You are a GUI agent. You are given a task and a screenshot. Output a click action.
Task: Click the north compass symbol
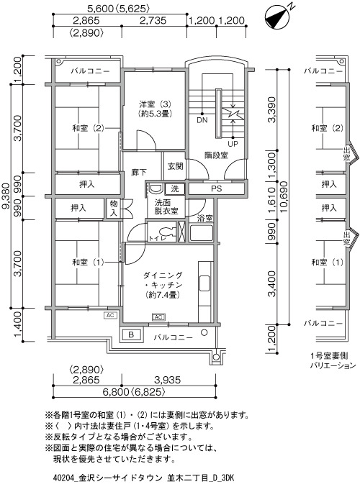click(277, 18)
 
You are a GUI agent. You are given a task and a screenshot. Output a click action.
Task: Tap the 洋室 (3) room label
click(156, 104)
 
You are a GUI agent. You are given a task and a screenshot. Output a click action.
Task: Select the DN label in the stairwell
click(202, 120)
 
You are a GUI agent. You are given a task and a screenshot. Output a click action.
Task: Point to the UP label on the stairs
click(233, 144)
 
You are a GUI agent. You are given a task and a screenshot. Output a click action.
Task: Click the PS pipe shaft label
click(216, 188)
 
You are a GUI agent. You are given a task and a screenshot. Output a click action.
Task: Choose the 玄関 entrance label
click(175, 166)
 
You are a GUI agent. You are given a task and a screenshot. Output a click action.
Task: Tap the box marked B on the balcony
click(131, 334)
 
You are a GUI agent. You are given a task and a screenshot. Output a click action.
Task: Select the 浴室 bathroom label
click(204, 218)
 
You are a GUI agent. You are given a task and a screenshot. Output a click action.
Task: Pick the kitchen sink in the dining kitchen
click(204, 283)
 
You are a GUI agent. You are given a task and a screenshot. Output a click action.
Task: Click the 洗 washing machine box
click(175, 188)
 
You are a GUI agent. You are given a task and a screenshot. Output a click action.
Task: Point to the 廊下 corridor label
click(138, 172)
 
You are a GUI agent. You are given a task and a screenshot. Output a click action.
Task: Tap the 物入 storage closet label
click(114, 208)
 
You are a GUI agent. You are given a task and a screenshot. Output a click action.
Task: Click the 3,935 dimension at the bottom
click(168, 380)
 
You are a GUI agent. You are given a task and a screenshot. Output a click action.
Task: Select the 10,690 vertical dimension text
click(283, 196)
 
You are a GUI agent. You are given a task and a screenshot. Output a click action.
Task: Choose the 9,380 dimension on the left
click(6, 196)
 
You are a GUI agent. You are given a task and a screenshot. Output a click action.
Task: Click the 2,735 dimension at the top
click(153, 20)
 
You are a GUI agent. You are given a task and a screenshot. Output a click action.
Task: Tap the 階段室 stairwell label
click(216, 155)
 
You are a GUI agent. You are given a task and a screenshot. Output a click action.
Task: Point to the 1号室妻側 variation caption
click(328, 356)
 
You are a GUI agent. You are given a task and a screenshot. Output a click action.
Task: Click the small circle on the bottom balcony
click(204, 332)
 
